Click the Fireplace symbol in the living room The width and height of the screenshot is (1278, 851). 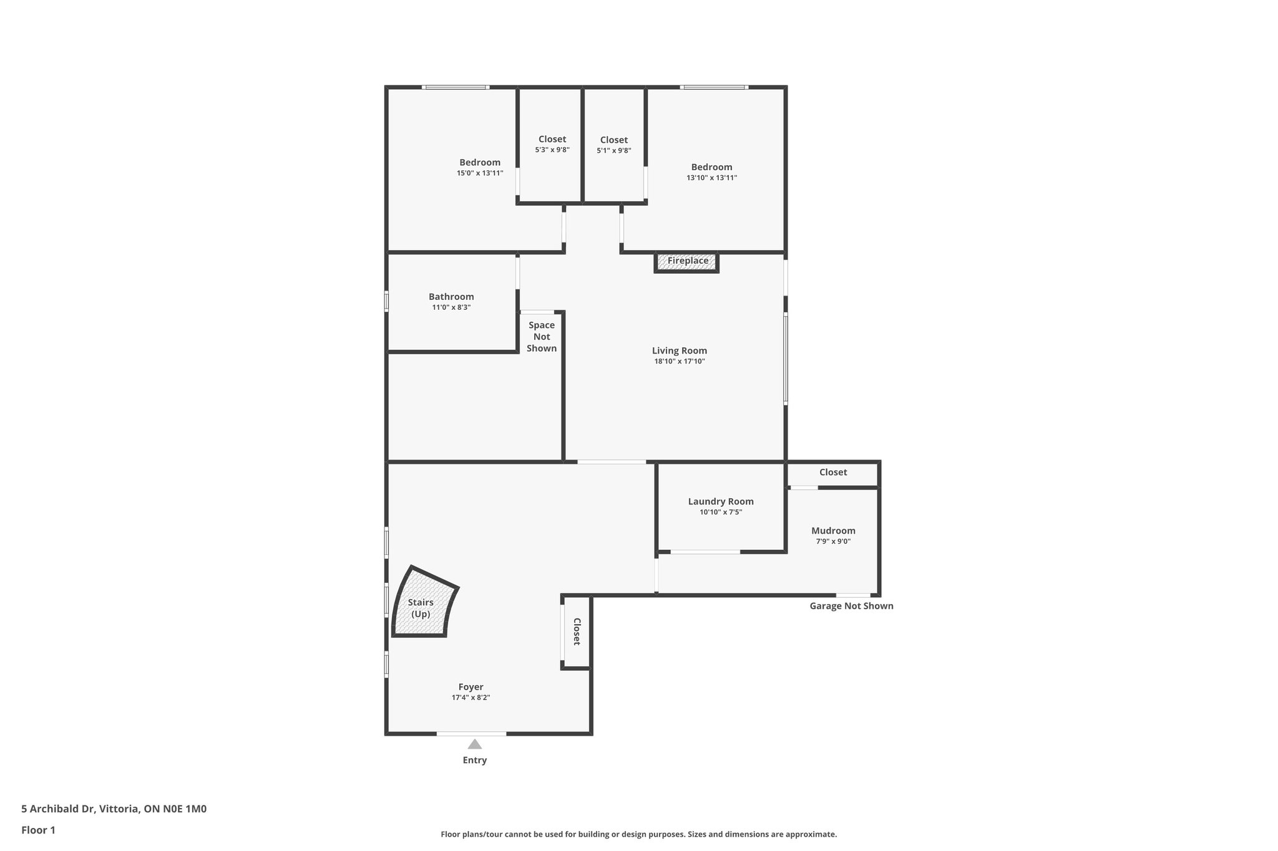686,262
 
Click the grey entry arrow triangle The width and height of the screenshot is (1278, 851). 475,744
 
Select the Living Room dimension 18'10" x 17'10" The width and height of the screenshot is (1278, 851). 680,361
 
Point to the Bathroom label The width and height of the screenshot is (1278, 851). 451,297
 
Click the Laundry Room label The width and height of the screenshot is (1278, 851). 721,501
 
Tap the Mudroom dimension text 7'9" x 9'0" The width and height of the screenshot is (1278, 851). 833,541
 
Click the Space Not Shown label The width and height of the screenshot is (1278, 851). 542,337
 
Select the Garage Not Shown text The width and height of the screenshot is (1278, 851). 851,606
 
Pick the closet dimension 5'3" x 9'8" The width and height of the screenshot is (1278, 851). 552,150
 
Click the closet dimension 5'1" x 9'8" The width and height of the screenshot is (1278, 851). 614,150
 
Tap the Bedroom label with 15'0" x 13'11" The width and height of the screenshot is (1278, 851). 480,163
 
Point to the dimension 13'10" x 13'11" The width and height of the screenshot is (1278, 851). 711,178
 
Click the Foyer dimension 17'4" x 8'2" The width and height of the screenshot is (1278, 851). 471,698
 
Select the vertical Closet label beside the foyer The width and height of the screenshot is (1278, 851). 577,632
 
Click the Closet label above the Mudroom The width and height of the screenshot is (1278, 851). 833,472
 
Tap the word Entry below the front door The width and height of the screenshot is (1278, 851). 475,760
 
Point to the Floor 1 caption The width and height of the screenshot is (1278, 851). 38,830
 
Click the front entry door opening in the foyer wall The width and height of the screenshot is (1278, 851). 471,734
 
